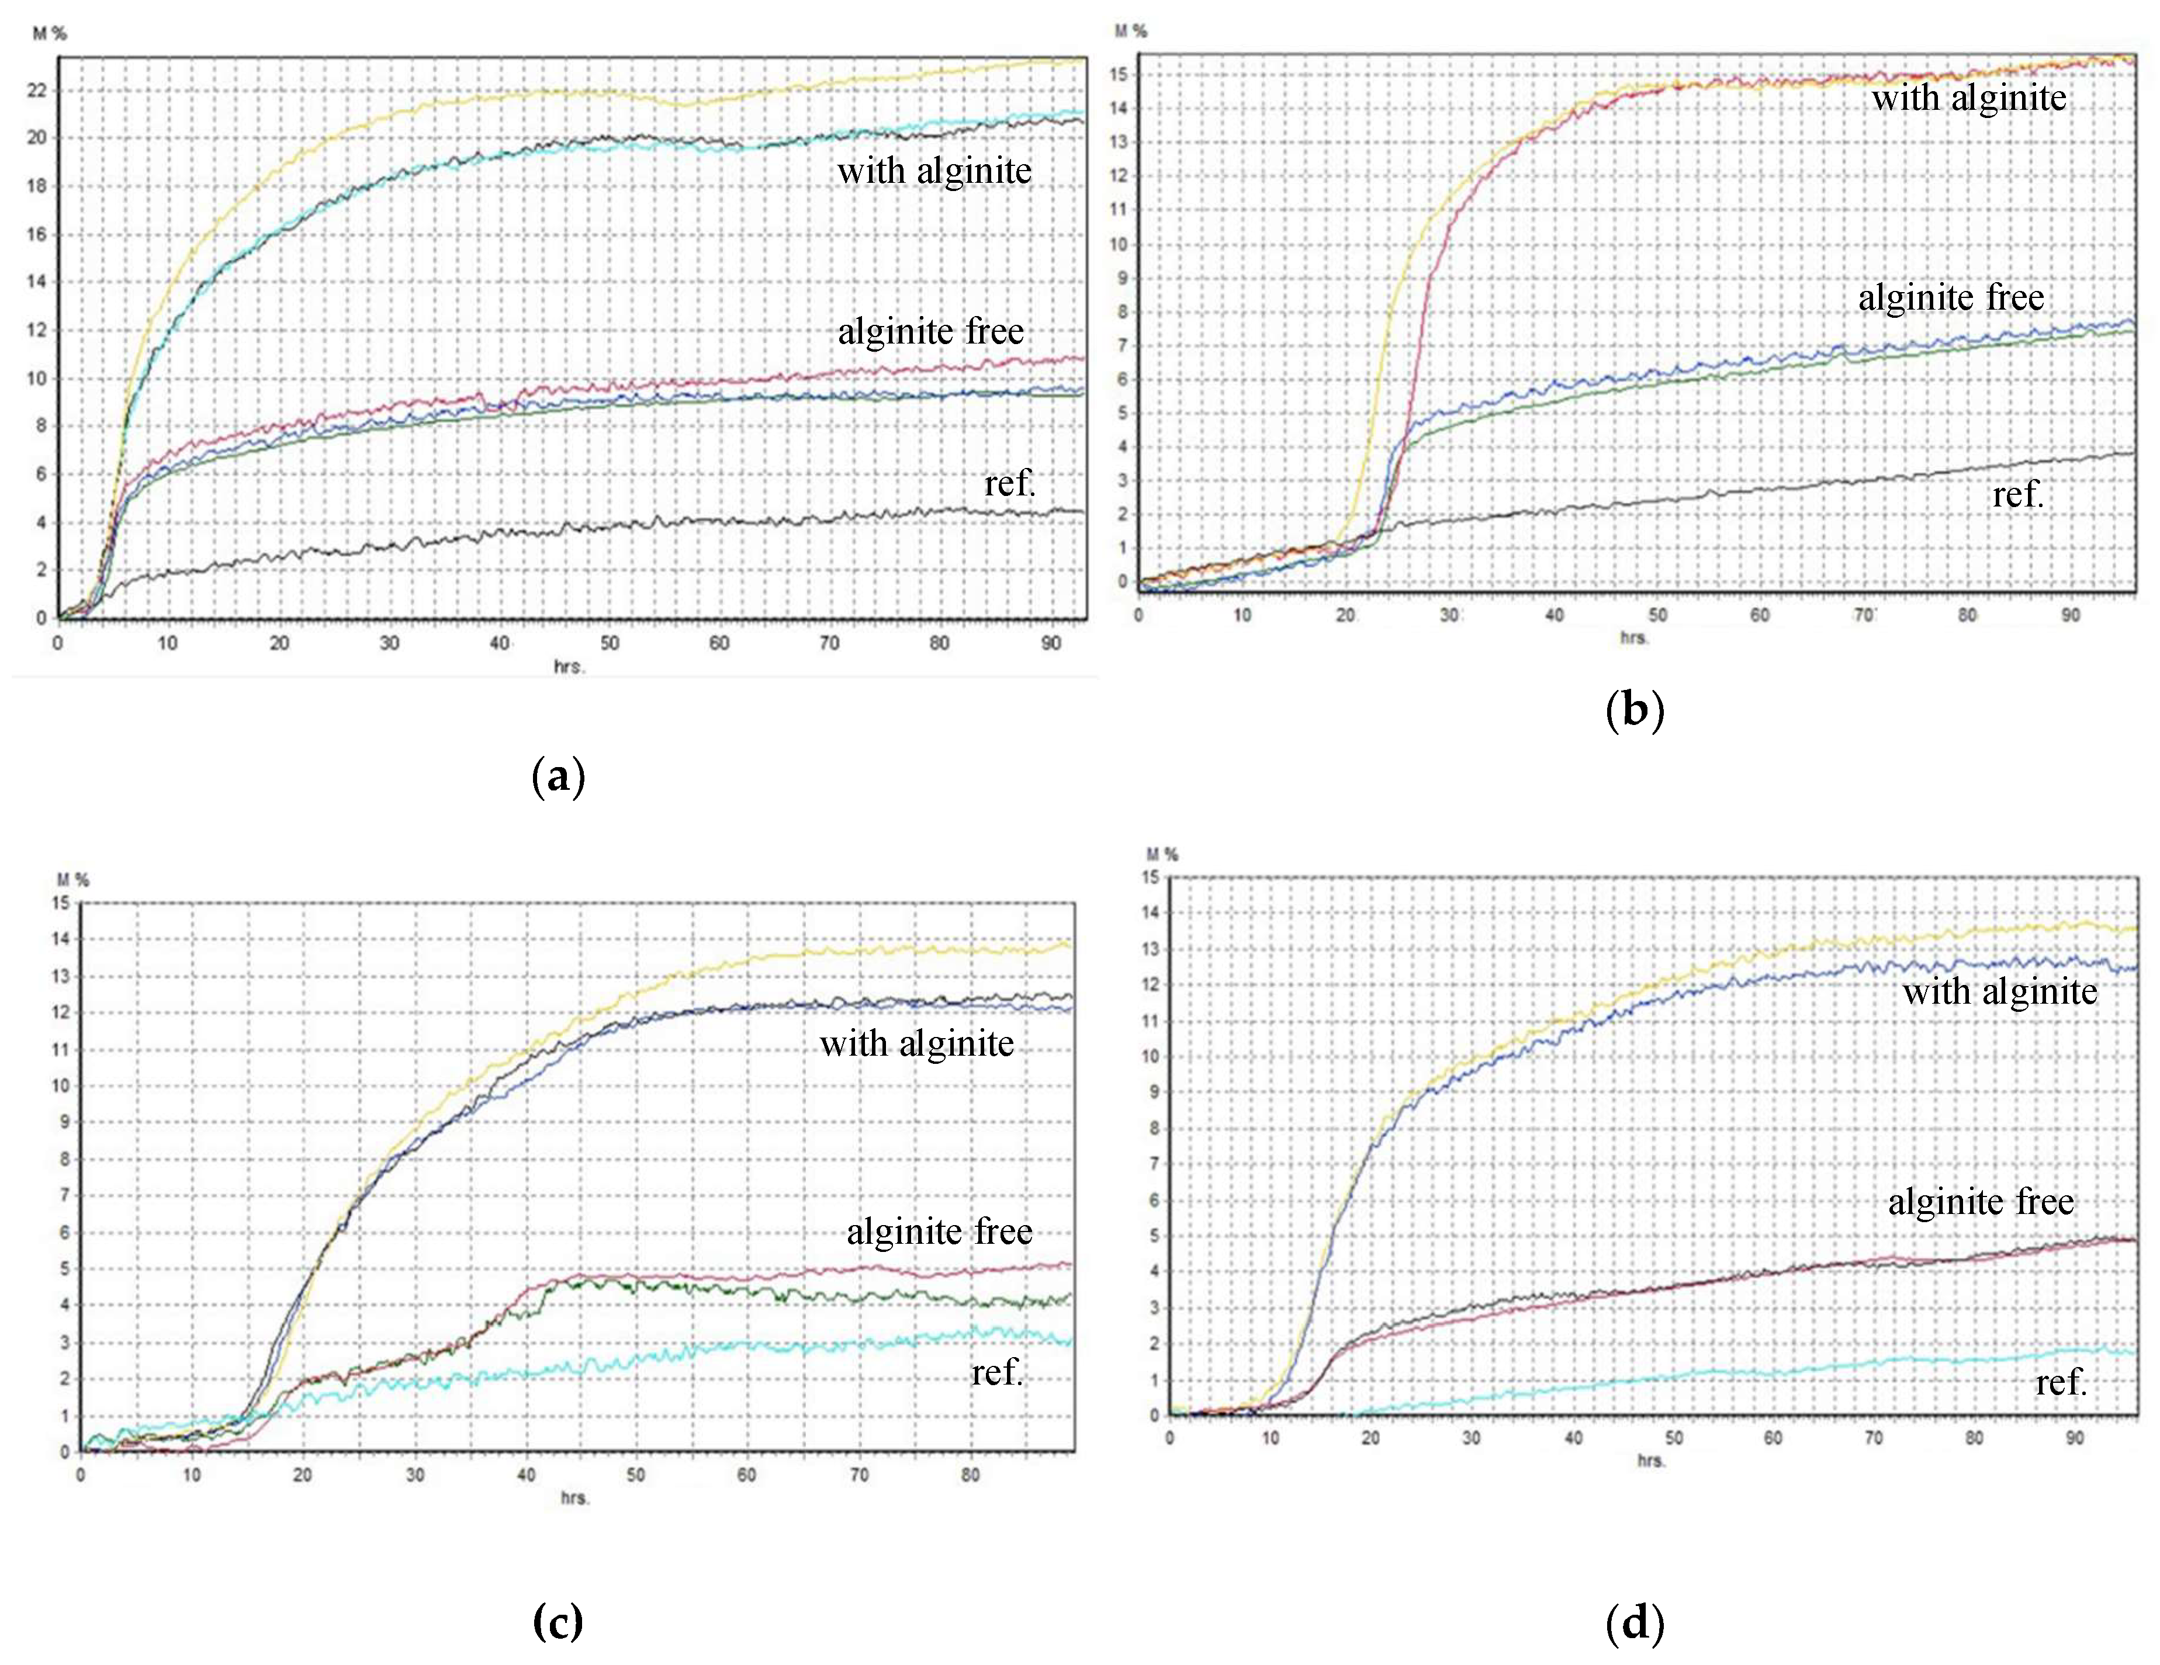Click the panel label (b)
click(x=1635, y=711)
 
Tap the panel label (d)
click(x=1635, y=1622)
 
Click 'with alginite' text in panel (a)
click(x=934, y=171)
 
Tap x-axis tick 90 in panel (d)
click(x=2074, y=1438)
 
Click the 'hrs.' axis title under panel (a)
click(x=569, y=667)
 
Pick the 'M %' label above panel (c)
click(x=73, y=880)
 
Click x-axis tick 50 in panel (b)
click(x=1657, y=615)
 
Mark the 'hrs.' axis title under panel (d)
click(x=1650, y=1461)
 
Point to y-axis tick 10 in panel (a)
click(x=37, y=379)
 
